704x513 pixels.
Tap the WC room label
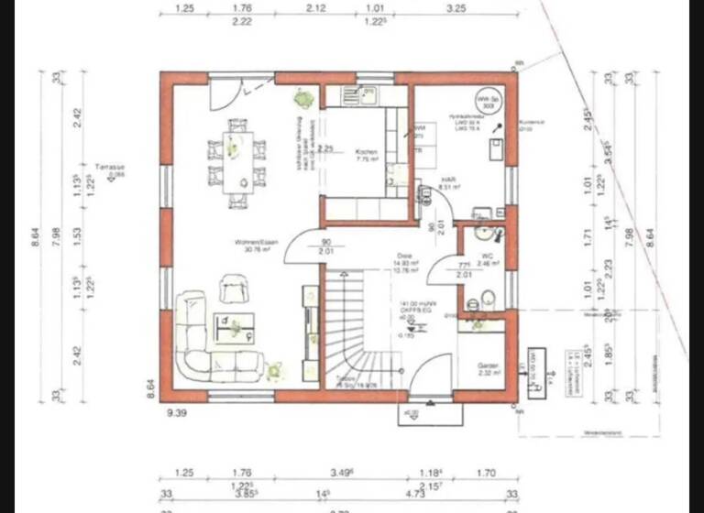(487, 256)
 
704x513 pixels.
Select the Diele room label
(403, 258)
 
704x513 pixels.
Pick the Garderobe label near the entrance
(488, 366)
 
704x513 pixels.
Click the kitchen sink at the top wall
(365, 94)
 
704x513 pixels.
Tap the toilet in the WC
(489, 297)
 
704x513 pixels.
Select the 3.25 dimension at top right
(456, 8)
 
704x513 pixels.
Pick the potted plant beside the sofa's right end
(276, 370)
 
